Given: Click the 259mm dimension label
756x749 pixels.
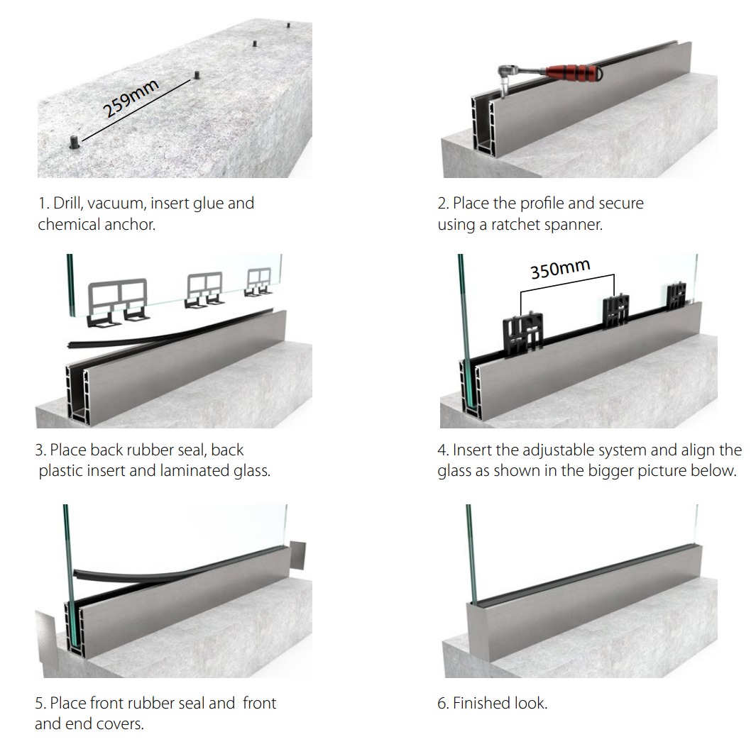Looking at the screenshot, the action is coord(132,99).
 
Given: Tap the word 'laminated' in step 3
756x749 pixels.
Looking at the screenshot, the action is coord(190,470).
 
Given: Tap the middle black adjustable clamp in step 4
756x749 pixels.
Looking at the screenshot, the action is coord(615,311).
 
